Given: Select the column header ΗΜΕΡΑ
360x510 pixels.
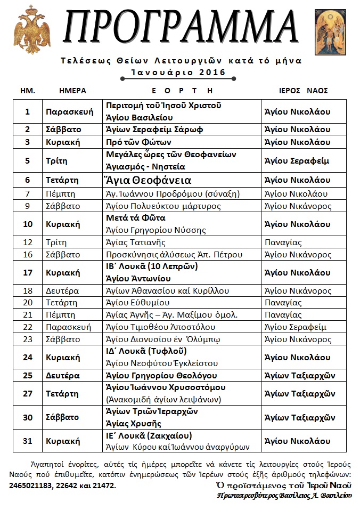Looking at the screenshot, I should pyautogui.click(x=72, y=91).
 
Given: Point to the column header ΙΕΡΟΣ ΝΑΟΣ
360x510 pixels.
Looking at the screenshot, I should pyautogui.click(x=303, y=91).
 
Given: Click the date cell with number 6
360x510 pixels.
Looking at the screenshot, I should pyautogui.click(x=28, y=180).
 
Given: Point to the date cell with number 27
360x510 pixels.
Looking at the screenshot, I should pyautogui.click(x=28, y=393).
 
